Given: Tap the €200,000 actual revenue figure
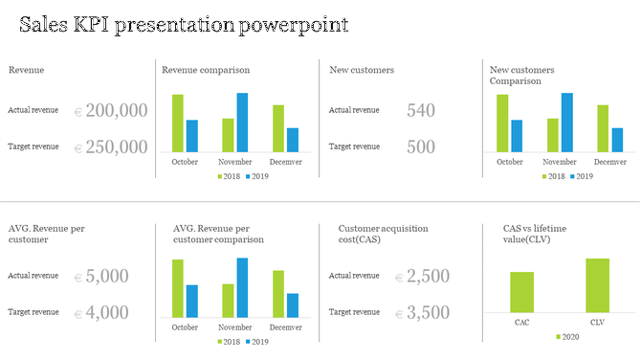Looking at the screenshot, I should coord(111,111).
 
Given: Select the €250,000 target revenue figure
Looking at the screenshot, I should coord(111,147).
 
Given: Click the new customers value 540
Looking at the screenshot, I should coord(421,111).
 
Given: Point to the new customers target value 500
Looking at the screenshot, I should coord(421,147).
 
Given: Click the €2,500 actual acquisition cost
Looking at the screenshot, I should coord(422,277).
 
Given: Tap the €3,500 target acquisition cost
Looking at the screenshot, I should coord(422,312).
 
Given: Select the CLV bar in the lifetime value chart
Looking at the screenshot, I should coord(598,285).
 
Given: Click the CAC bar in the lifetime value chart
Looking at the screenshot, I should coord(521,292).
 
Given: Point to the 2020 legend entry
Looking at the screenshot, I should coord(566,337).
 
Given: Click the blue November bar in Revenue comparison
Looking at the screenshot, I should coord(242,122).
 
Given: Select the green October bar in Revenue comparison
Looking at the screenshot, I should coord(178,123).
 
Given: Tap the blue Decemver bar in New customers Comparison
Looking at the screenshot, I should coord(617,140).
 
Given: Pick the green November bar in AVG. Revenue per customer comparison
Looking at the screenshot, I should coord(228,301).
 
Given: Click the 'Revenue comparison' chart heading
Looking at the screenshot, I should coord(206,70).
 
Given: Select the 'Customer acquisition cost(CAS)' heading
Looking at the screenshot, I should coord(383,235).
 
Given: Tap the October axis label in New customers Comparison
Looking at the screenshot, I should coord(510,162).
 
